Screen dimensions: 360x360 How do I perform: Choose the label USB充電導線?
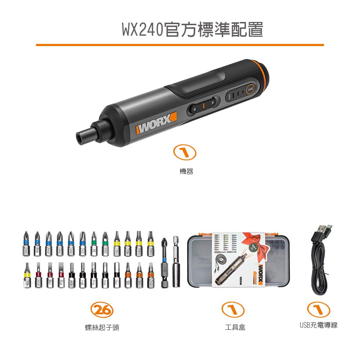(x=319, y=325)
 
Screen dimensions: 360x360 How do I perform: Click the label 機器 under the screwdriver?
(x=186, y=172)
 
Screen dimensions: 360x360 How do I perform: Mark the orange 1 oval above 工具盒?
(x=233, y=310)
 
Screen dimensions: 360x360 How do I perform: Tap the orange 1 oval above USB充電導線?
(x=319, y=310)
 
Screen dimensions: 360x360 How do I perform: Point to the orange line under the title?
(x=180, y=45)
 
